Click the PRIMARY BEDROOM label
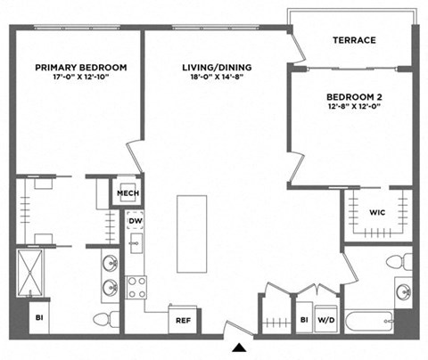[x=80, y=67]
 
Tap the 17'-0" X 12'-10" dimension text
[x=80, y=78]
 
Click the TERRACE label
[x=354, y=40]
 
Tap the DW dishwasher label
[x=136, y=221]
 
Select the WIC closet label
[x=376, y=212]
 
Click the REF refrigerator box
[x=183, y=320]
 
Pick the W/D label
[x=326, y=319]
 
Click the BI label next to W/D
[x=303, y=319]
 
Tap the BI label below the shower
[x=37, y=316]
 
